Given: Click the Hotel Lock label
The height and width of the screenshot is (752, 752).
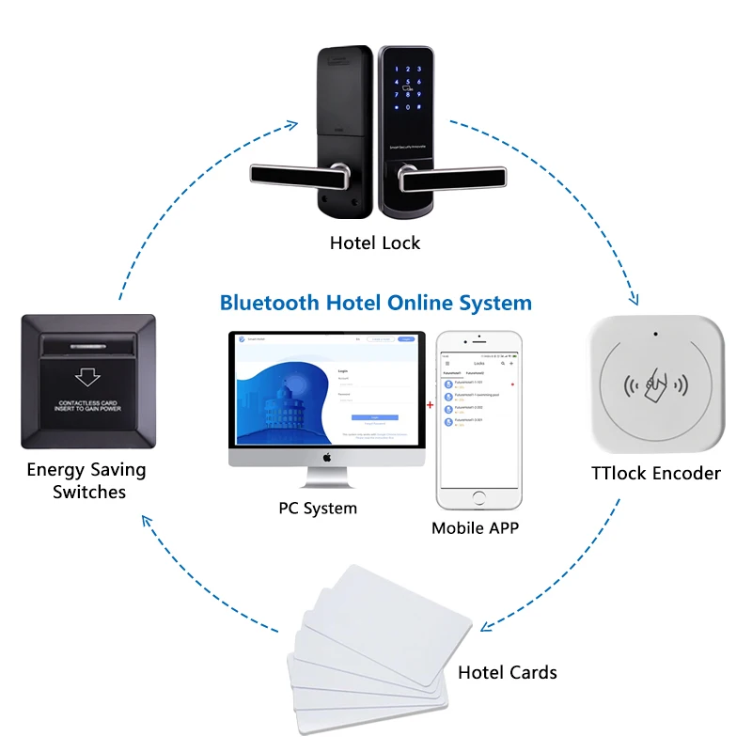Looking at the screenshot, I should click(x=375, y=243).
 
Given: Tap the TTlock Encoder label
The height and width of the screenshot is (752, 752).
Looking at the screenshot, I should click(x=656, y=473).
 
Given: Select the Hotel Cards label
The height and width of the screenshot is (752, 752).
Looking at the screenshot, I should click(x=507, y=672).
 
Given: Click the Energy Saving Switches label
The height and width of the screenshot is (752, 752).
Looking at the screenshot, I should click(x=86, y=480).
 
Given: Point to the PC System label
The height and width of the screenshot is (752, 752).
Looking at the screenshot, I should click(x=318, y=508).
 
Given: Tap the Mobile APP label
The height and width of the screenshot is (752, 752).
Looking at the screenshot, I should click(x=475, y=527).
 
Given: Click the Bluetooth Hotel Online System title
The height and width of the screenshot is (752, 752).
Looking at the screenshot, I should click(x=375, y=303).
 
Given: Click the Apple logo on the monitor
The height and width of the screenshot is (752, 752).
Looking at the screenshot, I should click(x=328, y=458).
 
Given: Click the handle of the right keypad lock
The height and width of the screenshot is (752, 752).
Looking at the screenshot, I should click(x=461, y=175).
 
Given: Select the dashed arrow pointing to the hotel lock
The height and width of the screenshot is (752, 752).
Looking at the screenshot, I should click(x=293, y=123).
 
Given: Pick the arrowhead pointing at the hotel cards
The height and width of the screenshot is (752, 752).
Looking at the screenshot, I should click(x=486, y=627).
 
